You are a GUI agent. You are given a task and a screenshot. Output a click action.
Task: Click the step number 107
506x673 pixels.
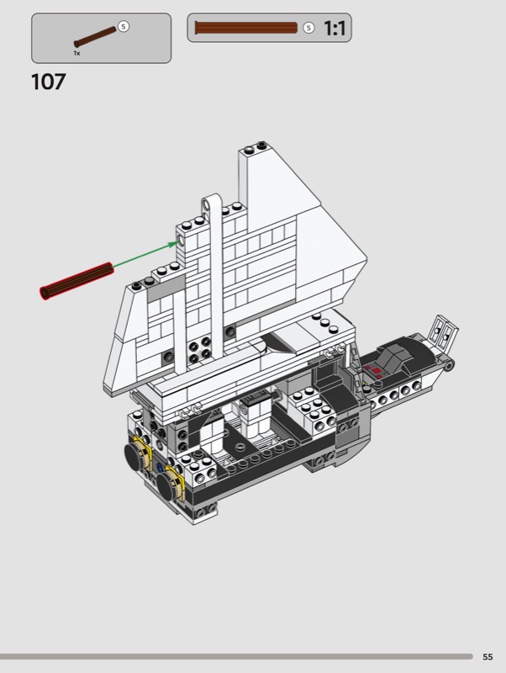click(x=49, y=82)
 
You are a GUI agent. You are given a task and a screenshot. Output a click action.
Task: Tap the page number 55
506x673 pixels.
click(x=488, y=657)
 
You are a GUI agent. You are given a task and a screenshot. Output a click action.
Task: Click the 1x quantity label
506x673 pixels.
click(x=76, y=53)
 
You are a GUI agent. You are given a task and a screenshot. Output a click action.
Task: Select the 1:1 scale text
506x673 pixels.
click(x=335, y=29)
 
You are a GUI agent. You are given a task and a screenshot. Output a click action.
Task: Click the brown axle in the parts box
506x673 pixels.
click(x=95, y=37)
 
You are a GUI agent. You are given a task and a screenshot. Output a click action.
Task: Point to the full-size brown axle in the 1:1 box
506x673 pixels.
click(x=246, y=28)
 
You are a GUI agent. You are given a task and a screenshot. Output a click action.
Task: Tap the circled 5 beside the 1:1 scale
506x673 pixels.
click(x=308, y=28)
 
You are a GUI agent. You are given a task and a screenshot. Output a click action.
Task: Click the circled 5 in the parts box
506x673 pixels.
click(x=124, y=27)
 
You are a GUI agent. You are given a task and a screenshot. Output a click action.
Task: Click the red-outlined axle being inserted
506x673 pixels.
click(x=76, y=281)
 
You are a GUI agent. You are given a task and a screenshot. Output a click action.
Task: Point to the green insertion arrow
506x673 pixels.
click(x=146, y=255)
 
